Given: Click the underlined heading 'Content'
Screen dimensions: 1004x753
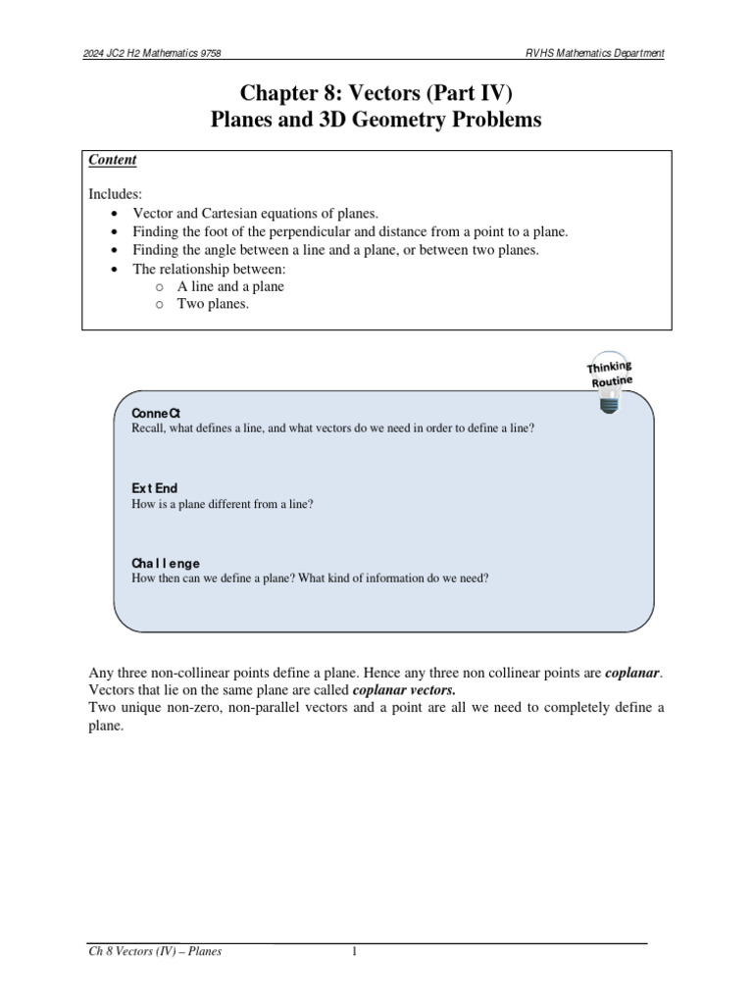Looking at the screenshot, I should tap(113, 160).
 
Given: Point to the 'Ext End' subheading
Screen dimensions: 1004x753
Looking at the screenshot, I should tap(154, 488).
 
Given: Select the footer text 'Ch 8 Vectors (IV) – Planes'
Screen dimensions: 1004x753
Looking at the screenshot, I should tap(155, 951).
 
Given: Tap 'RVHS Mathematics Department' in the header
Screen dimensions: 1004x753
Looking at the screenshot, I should tap(593, 53).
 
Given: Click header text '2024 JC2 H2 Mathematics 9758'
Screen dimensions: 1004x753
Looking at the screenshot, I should tap(159, 53).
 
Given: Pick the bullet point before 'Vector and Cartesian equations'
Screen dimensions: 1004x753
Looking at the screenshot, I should tap(117, 214).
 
